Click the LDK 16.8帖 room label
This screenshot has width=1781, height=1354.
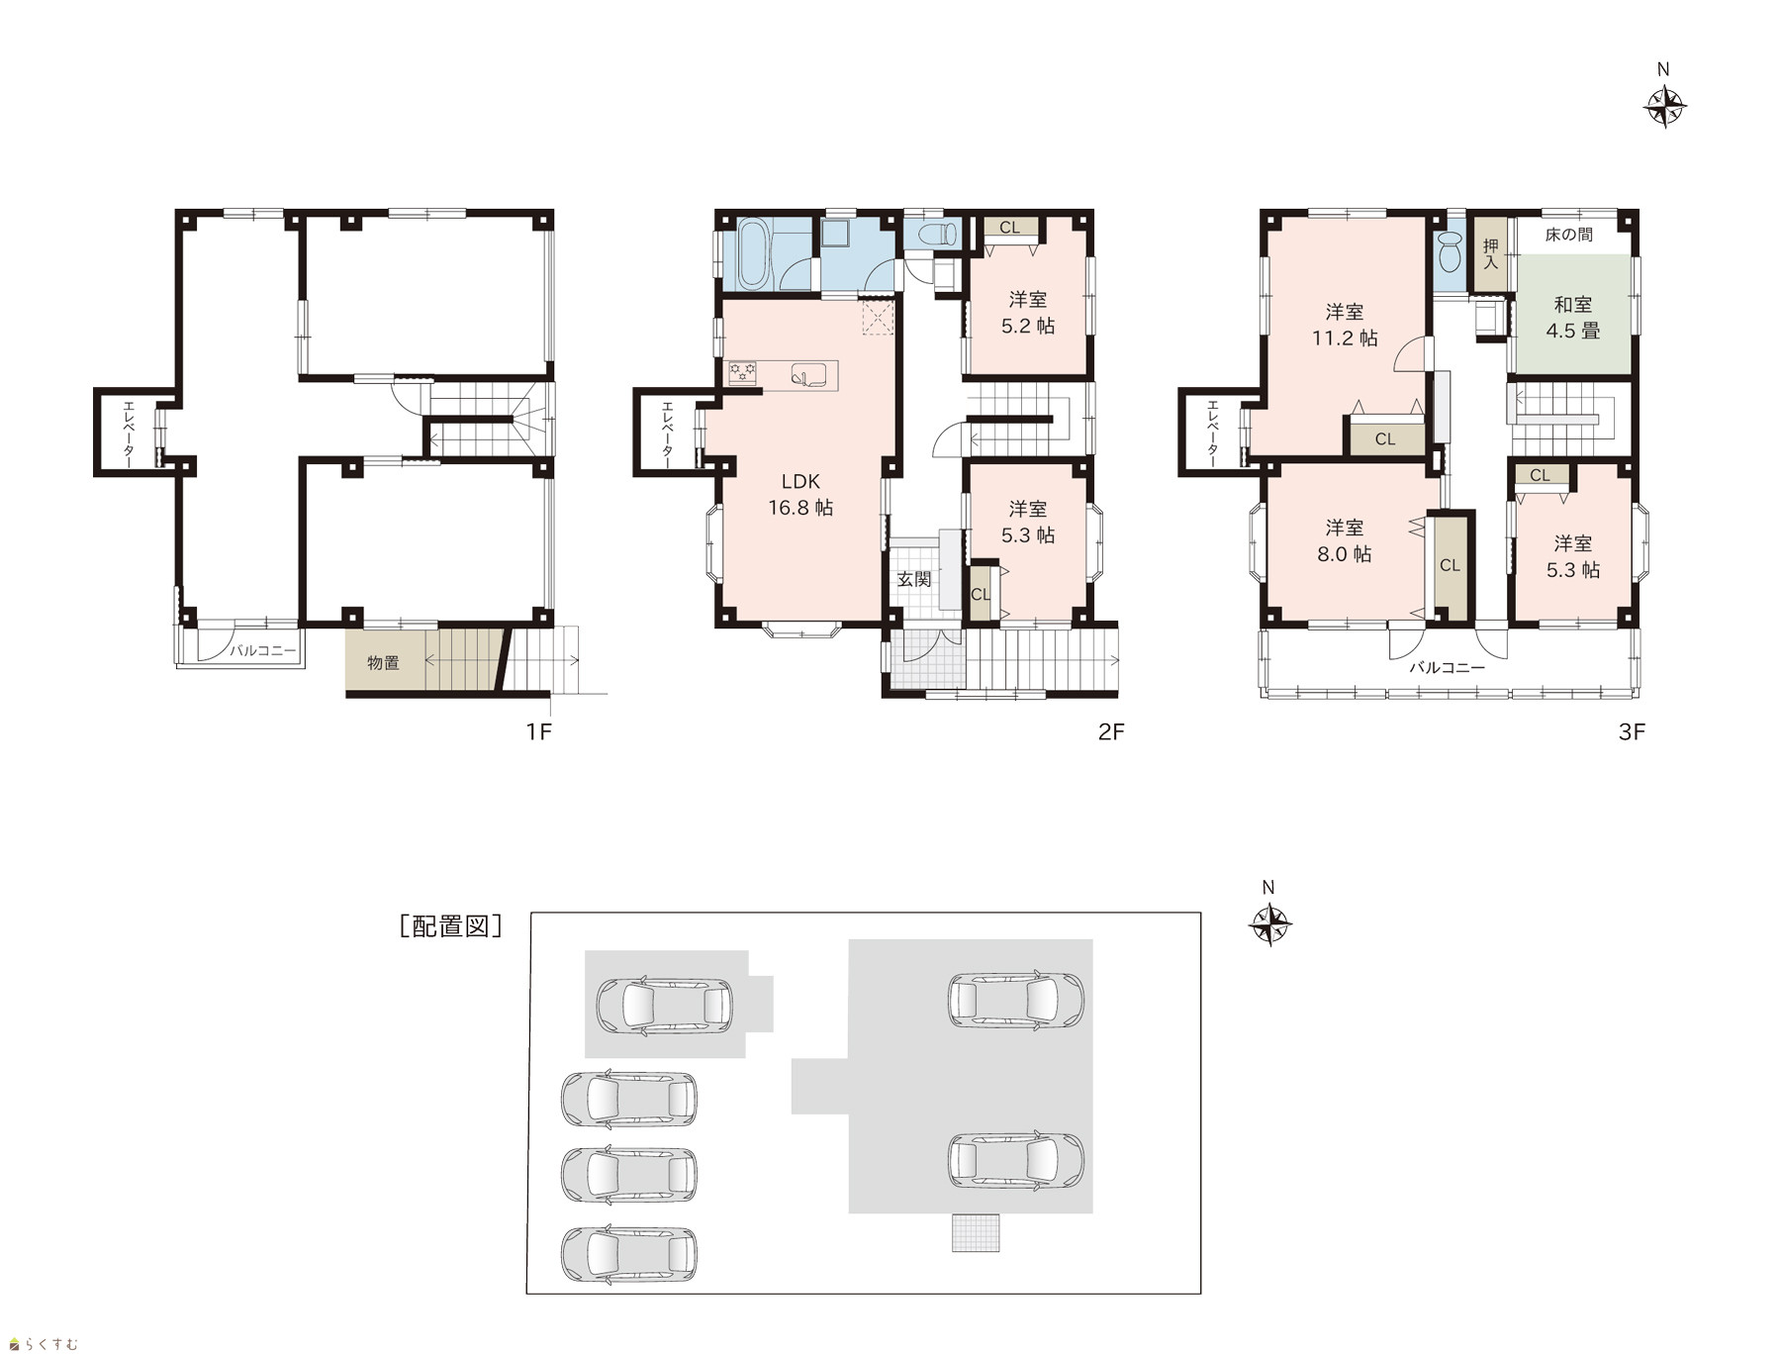click(800, 494)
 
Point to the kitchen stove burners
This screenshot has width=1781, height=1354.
click(743, 372)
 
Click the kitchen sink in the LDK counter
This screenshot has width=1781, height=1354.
click(807, 374)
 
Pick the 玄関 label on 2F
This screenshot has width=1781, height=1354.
click(913, 579)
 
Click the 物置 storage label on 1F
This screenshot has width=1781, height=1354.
click(383, 662)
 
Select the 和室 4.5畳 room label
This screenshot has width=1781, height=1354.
click(1572, 318)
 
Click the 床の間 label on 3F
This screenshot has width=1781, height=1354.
click(1568, 236)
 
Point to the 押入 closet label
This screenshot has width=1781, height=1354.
click(1490, 253)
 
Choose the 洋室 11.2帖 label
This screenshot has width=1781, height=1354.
click(1345, 325)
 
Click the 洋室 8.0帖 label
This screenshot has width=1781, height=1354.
click(1345, 540)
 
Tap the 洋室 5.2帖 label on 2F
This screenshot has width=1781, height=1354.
click(1028, 312)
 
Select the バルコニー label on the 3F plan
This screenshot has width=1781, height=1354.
click(1447, 668)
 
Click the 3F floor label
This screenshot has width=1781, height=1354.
click(1631, 731)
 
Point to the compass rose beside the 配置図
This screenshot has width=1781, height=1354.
click(1270, 925)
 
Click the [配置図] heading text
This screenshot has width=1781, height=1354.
click(450, 926)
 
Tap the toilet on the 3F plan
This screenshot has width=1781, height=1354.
click(1451, 251)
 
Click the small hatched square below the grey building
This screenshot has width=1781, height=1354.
click(976, 1232)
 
